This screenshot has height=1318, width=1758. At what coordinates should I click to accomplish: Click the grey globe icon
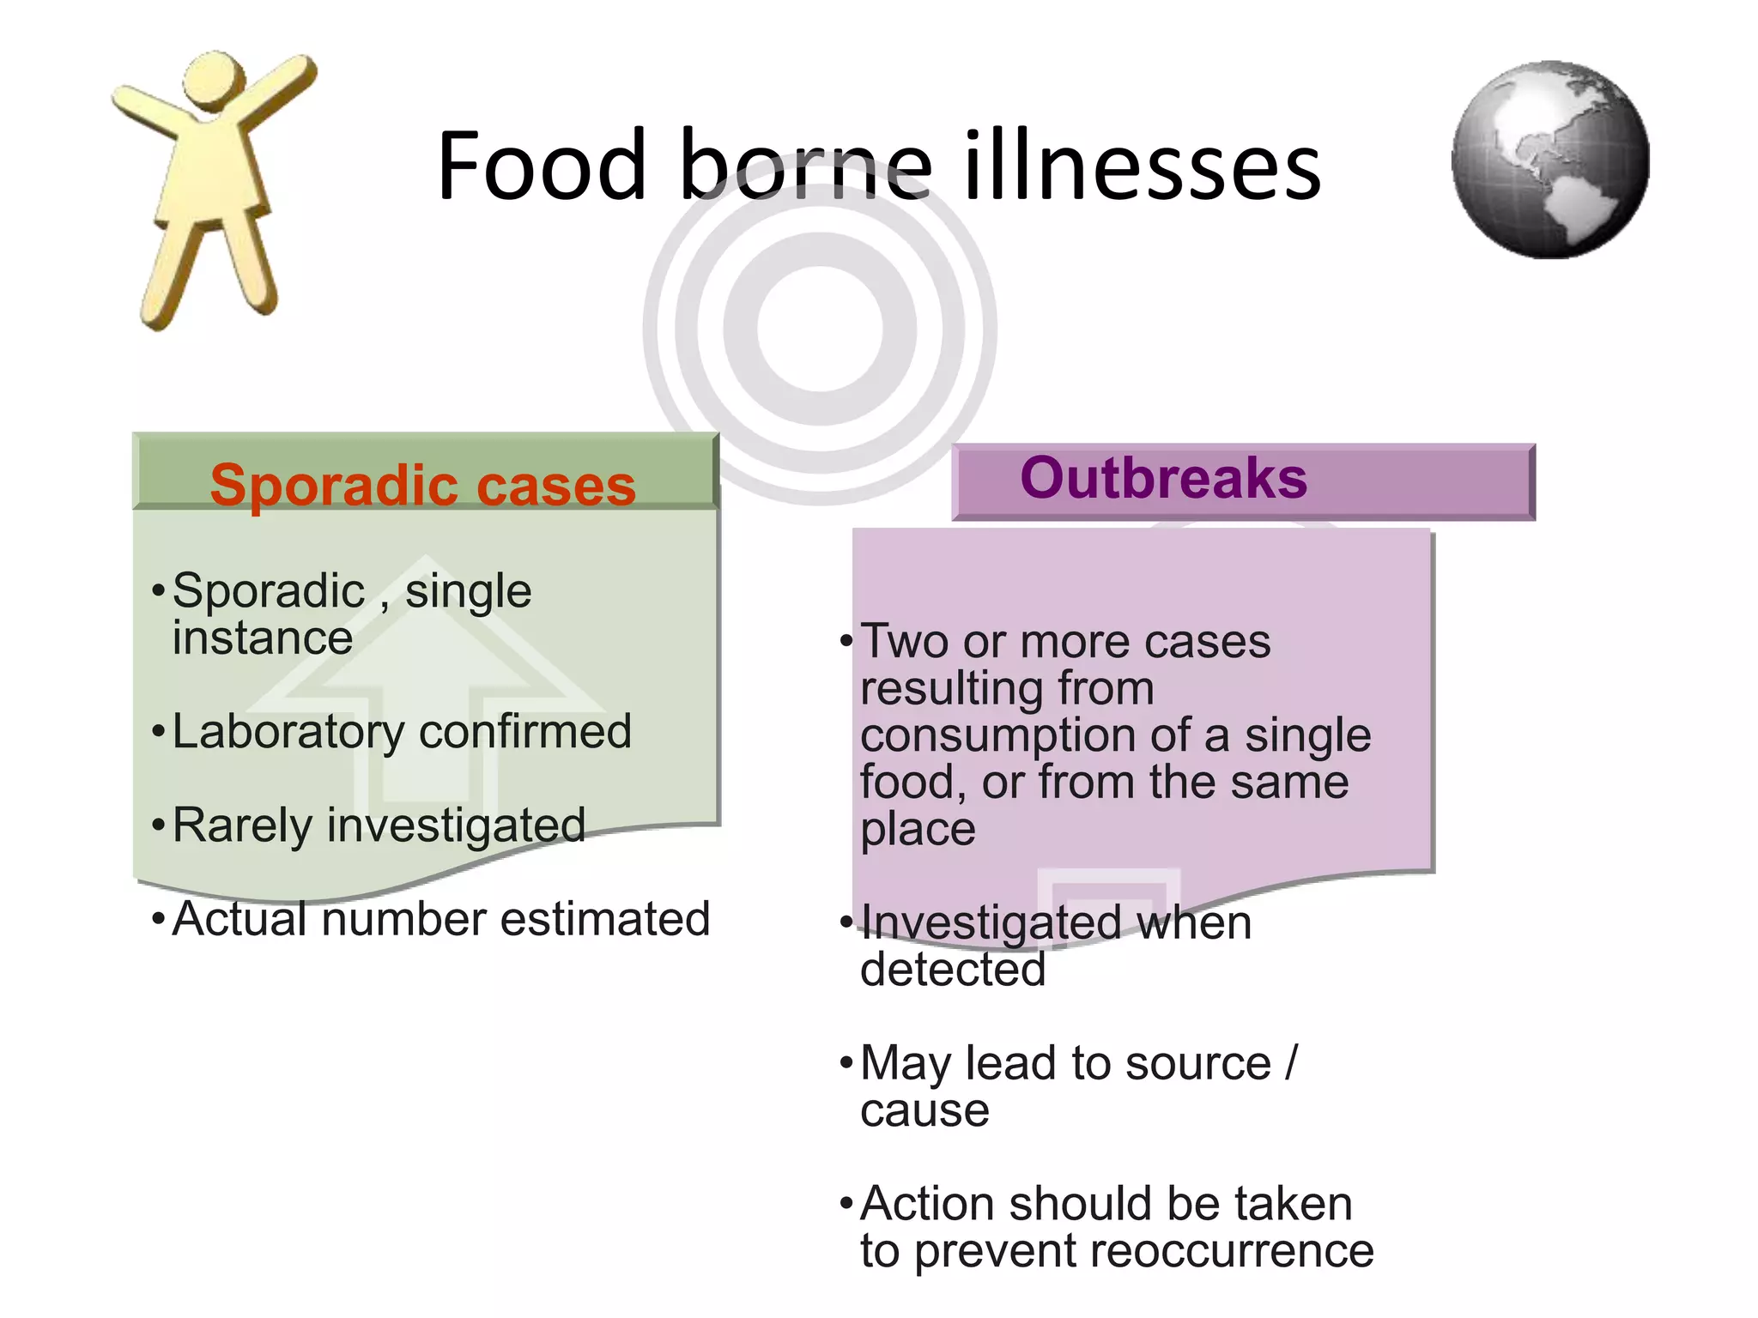(1550, 160)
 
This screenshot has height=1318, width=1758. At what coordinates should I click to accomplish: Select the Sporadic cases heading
(423, 486)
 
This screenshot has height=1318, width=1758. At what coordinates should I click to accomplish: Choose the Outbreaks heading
(1163, 478)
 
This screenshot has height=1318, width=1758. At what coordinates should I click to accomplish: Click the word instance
(263, 639)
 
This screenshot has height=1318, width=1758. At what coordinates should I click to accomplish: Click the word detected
(953, 970)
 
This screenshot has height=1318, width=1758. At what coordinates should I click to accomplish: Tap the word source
(1198, 1064)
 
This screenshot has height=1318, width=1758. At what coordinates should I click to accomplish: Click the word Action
(927, 1204)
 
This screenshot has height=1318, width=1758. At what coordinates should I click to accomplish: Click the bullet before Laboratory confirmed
(157, 733)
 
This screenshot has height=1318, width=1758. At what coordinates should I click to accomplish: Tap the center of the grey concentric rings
(820, 329)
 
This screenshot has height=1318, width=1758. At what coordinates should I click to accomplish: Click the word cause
(924, 1111)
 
